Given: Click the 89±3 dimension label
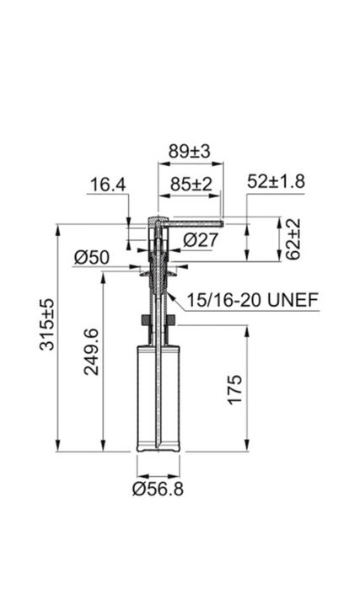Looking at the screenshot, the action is [190, 152].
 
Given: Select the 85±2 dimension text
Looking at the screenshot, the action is [191, 184].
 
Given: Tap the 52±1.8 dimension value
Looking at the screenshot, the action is [277, 181].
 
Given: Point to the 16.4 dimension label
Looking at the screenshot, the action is [108, 185].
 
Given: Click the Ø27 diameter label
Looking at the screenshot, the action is [201, 239].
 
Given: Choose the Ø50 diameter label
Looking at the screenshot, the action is [92, 257].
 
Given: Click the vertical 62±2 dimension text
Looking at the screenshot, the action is [293, 239].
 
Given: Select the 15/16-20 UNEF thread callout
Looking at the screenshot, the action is [253, 300].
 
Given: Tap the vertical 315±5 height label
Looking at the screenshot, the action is [47, 324].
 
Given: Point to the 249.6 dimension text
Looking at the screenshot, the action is [91, 352].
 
